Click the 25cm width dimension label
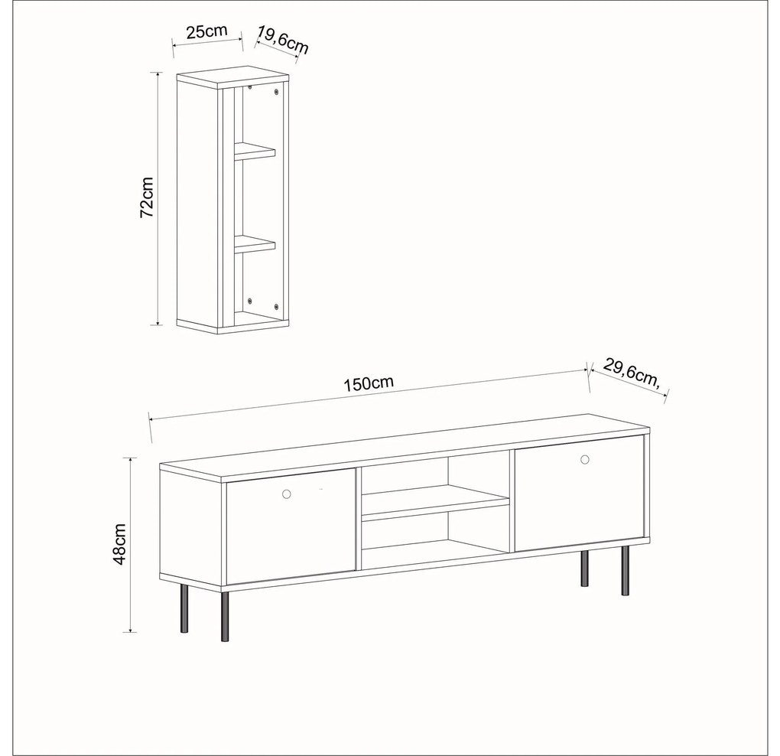206,31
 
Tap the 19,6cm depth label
282,40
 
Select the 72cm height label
147,197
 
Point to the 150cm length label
369,383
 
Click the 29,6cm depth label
632,373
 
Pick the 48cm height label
119,544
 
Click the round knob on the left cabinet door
286,494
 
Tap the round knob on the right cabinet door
584,459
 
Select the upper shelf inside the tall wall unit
255,151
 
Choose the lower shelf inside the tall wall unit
255,244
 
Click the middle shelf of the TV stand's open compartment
435,502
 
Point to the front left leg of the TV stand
225,617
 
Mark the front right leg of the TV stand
625,571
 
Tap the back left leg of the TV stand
184,608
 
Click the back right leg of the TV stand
584,569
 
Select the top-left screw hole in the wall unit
250,87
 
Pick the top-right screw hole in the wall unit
276,92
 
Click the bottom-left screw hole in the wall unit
250,301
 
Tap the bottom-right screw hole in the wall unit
276,305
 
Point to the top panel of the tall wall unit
232,77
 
